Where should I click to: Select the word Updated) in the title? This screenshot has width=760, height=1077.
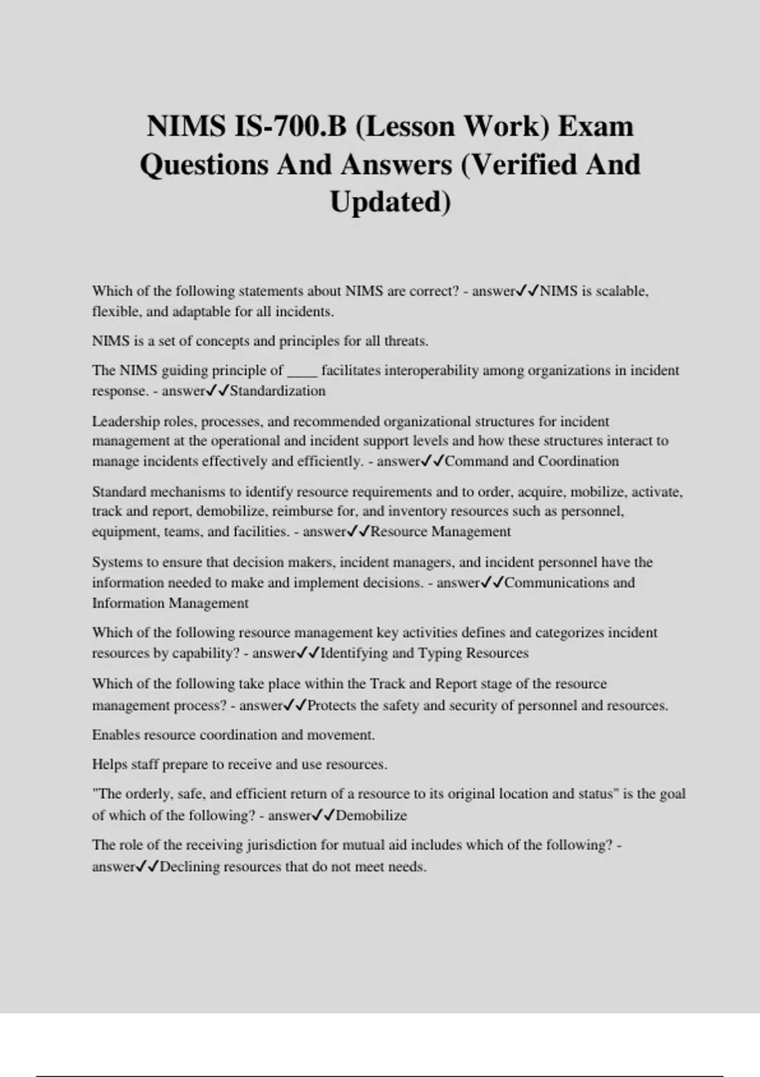(390, 202)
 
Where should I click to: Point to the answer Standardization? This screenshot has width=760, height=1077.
(277, 391)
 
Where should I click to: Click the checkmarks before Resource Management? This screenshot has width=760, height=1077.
(358, 532)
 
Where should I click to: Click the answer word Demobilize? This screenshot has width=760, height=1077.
(371, 815)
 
